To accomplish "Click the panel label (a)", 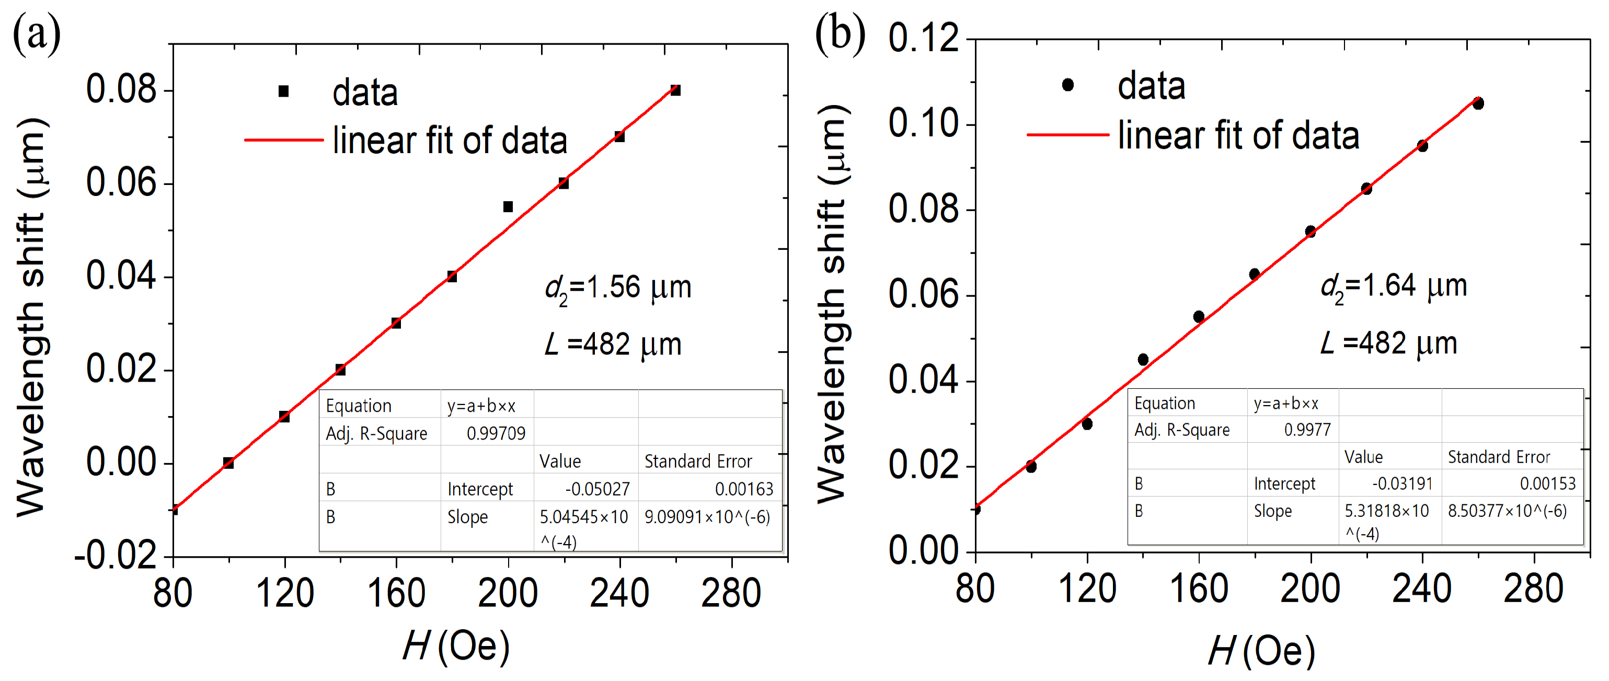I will click(36, 34).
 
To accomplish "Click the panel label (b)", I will click(840, 34).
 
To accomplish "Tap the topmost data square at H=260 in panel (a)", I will click(675, 90).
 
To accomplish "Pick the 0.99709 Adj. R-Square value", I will click(496, 433).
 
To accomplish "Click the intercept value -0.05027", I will click(597, 489).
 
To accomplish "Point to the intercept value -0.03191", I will click(1402, 483).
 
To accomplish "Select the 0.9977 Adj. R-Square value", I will click(1307, 430).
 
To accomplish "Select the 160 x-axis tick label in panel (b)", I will click(1199, 588).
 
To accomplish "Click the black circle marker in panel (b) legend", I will click(1068, 84).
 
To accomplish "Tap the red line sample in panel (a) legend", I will click(284, 140).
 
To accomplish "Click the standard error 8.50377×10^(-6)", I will click(1507, 511).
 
